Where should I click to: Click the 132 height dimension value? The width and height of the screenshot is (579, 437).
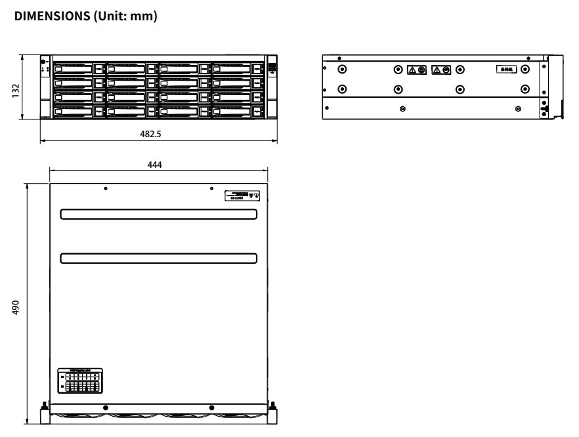coord(15,89)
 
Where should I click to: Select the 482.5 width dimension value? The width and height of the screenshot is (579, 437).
coord(150,134)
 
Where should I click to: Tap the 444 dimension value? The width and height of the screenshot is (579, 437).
coord(154,165)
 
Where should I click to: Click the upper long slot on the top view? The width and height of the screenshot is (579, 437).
coord(158,215)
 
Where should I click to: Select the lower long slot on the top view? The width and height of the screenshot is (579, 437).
coord(158,258)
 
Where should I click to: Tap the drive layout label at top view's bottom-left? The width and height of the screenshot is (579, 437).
coord(81,381)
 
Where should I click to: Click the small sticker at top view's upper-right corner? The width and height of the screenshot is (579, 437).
coord(243,196)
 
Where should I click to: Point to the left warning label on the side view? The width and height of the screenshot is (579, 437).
coord(417,70)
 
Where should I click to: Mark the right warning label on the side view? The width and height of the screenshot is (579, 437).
coord(440,70)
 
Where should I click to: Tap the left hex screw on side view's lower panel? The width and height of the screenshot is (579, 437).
coord(402,109)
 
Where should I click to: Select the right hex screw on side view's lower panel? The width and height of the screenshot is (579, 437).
coord(519,109)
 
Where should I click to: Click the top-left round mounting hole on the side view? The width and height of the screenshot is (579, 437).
coord(341,69)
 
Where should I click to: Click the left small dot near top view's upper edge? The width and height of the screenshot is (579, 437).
coord(106,189)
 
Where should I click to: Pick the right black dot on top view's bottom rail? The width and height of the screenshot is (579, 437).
coord(211,407)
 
